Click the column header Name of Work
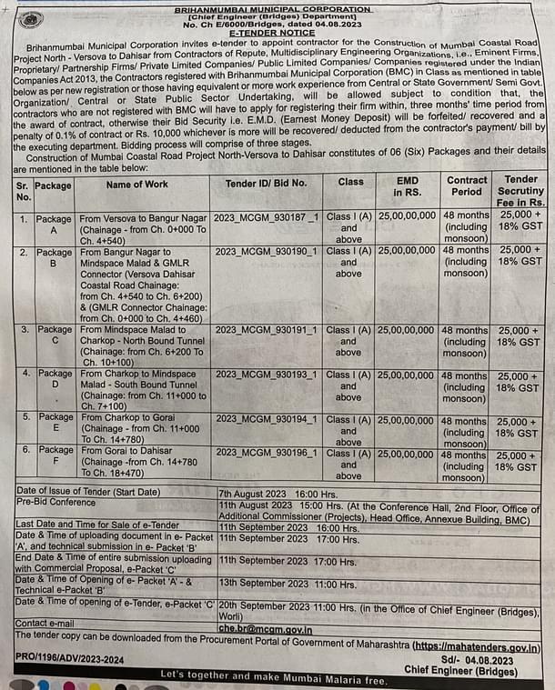click(x=136, y=184)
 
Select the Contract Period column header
click(x=467, y=186)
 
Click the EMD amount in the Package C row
click(x=406, y=329)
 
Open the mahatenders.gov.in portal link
click(x=476, y=647)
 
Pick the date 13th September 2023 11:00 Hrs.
click(x=287, y=584)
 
